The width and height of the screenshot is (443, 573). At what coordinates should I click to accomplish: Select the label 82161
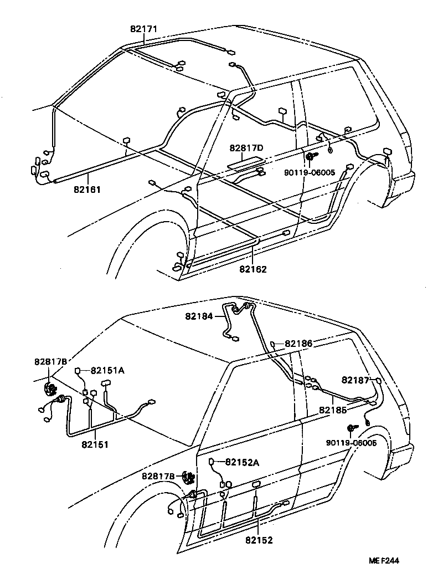(87, 189)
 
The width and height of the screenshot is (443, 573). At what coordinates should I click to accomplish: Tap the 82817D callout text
(246, 148)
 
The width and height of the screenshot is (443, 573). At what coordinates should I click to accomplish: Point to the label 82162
(253, 269)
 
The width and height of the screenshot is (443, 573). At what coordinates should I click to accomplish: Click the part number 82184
(199, 316)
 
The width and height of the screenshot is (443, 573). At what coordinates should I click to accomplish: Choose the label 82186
(298, 344)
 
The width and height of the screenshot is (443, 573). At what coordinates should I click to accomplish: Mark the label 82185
(332, 411)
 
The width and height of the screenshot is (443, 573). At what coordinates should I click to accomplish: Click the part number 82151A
(107, 370)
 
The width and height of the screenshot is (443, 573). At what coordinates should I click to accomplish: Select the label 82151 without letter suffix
(95, 444)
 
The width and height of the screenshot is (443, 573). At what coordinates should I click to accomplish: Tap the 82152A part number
(242, 462)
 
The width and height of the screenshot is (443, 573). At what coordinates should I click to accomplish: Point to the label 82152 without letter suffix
(259, 539)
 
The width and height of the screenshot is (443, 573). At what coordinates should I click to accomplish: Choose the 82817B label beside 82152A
(158, 475)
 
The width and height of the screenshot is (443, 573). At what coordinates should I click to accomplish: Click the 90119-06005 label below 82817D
(309, 172)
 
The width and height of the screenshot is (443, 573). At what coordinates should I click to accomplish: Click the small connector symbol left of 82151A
(79, 370)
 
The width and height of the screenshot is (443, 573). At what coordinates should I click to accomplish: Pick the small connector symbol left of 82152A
(212, 462)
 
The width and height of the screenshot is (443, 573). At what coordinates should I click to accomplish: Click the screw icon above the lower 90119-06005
(351, 428)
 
